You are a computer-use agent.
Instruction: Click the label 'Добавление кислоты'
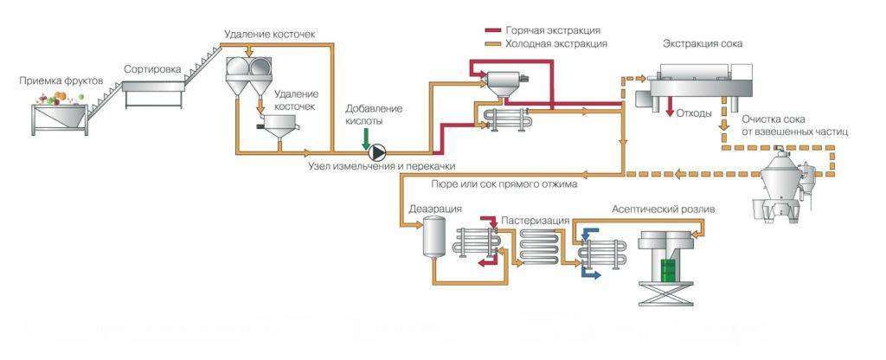pyautogui.click(x=374, y=115)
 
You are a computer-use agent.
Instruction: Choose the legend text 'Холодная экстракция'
pyautogui.click(x=559, y=42)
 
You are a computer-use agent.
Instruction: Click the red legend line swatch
pyautogui.click(x=493, y=29)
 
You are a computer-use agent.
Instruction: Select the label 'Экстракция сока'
pyautogui.click(x=703, y=43)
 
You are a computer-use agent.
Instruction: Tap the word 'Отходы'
pyautogui.click(x=694, y=113)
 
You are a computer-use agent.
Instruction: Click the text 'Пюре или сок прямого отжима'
pyautogui.click(x=504, y=183)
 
